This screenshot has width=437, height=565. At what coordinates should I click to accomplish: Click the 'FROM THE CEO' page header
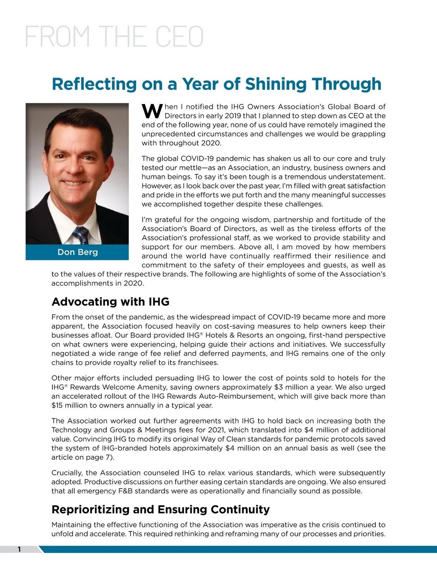point(114,36)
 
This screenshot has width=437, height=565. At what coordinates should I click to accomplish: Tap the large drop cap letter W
point(152,111)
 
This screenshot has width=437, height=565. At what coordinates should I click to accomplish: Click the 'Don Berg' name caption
point(78,252)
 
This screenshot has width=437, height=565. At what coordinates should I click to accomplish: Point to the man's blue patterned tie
point(80,235)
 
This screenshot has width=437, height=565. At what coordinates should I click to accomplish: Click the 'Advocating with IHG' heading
point(110,302)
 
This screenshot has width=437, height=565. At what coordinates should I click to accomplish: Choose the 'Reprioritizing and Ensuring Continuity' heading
point(161,509)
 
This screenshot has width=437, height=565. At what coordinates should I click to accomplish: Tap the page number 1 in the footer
point(19,549)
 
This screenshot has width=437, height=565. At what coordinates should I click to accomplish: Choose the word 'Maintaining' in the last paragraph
point(71,525)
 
